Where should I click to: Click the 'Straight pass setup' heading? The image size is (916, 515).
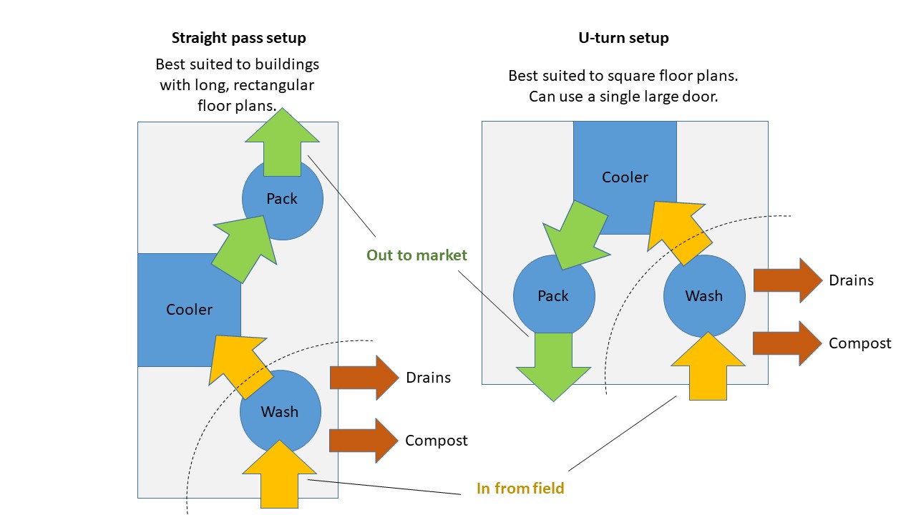[238, 38]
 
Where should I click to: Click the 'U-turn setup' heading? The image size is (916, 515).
[623, 38]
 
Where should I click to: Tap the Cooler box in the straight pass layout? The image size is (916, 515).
[189, 310]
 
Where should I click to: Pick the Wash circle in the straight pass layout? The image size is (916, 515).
[280, 412]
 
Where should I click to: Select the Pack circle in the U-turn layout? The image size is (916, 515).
[553, 296]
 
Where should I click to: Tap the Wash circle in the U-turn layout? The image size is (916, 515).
[704, 296]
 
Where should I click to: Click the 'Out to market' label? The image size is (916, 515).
[416, 255]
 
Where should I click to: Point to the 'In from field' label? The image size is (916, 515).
[520, 489]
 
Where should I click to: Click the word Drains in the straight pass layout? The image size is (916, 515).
[428, 377]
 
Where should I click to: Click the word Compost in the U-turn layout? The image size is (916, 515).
[859, 343]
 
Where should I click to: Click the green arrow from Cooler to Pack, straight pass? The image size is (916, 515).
[243, 240]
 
